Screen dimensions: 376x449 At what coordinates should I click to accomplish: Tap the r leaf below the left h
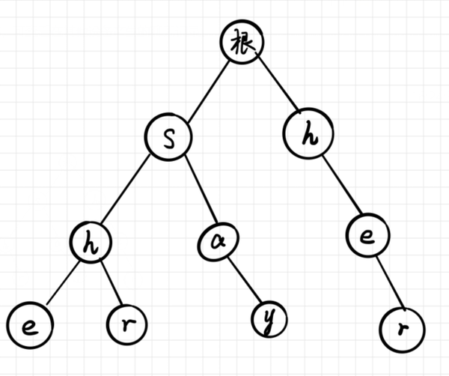click(x=125, y=324)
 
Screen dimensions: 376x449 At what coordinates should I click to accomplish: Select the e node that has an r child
click(x=365, y=237)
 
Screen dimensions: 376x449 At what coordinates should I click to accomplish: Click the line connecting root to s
click(x=207, y=88)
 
